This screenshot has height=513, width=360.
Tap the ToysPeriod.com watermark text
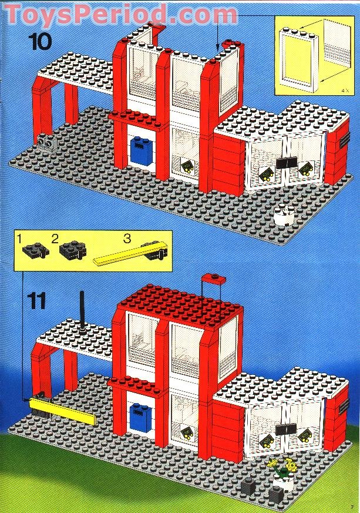click(x=121, y=13)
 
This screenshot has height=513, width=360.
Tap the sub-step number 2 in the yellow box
click(x=55, y=239)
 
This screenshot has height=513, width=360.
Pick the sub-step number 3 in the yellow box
click(x=126, y=239)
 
